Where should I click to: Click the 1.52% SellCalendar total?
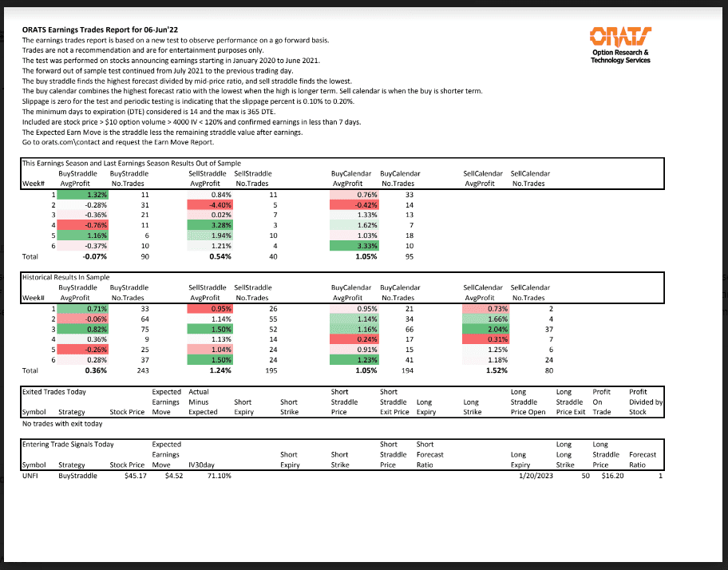485,370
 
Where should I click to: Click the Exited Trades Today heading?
54,392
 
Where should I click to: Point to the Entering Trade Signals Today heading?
68,445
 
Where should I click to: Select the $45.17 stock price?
130,475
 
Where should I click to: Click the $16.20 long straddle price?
612,475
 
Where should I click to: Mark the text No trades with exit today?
62,424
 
